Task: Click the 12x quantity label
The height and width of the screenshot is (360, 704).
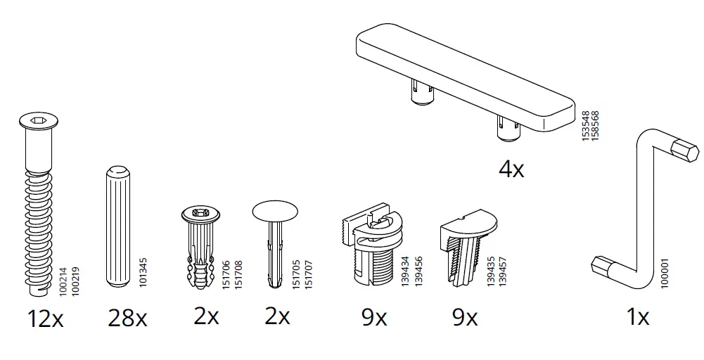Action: [x=46, y=319]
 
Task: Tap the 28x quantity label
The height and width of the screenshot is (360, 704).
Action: [x=128, y=319]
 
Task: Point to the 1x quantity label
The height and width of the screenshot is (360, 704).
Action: [x=637, y=318]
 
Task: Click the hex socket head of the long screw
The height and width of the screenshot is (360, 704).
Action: [x=35, y=122]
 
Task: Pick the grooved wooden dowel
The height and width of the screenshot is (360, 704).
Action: [x=118, y=225]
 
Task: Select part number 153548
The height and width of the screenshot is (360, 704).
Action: [x=585, y=126]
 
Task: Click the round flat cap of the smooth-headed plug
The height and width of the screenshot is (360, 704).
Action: [x=274, y=210]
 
